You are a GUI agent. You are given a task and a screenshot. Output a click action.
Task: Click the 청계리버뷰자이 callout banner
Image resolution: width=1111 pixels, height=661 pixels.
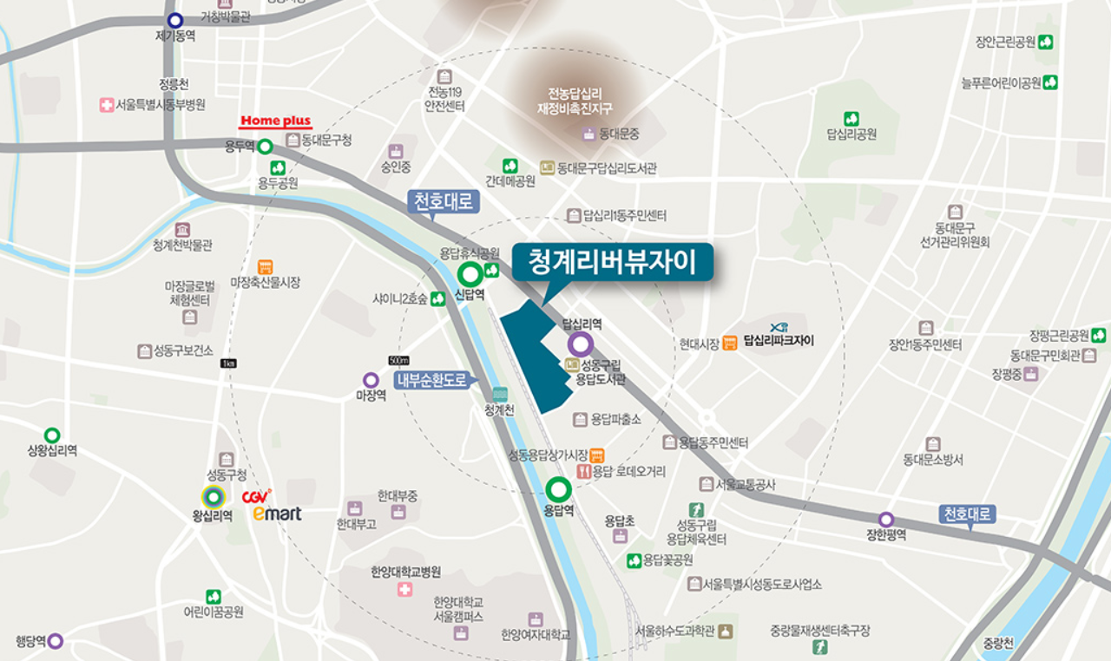pyautogui.click(x=612, y=263)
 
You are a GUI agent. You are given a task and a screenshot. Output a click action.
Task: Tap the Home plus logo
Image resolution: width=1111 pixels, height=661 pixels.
pyautogui.click(x=275, y=121)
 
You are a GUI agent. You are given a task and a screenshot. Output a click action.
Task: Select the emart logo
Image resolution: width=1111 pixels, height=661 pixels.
pyautogui.click(x=277, y=514)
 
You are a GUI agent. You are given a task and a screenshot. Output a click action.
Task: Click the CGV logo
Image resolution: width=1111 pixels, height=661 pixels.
pyautogui.click(x=256, y=497)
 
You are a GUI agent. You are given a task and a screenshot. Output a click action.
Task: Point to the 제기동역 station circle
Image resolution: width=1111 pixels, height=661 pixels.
pyautogui.click(x=175, y=20)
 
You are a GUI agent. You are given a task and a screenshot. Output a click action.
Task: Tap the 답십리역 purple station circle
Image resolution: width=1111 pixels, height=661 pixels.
pyautogui.click(x=582, y=344)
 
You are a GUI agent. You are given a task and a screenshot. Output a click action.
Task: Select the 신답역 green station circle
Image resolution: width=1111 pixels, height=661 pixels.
pyautogui.click(x=470, y=276)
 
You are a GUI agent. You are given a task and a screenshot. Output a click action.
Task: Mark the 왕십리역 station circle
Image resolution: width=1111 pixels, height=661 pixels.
pyautogui.click(x=213, y=497)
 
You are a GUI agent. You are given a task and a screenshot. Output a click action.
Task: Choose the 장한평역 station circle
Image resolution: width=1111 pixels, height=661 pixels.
pyautogui.click(x=885, y=519)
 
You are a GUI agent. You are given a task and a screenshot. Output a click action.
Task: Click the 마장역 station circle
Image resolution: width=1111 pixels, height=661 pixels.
pyautogui.click(x=371, y=380)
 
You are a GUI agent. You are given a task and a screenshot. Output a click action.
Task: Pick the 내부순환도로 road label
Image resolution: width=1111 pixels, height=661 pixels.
pyautogui.click(x=431, y=380)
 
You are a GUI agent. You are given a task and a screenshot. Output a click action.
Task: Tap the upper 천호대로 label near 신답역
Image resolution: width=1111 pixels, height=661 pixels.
pyautogui.click(x=443, y=202)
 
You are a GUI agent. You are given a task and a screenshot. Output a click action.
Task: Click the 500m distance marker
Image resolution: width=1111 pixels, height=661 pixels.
pyautogui.click(x=399, y=361)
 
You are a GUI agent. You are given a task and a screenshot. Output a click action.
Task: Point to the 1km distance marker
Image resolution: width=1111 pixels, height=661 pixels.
pyautogui.click(x=229, y=363)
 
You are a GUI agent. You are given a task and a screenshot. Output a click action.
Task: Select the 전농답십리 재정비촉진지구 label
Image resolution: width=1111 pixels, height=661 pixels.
pyautogui.click(x=580, y=100)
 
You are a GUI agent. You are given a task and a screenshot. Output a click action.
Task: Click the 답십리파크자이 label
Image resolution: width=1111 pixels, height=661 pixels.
pyautogui.click(x=779, y=341)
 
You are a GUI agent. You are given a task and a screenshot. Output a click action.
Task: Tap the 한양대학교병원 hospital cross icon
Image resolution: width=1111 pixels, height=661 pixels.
pyautogui.click(x=405, y=590)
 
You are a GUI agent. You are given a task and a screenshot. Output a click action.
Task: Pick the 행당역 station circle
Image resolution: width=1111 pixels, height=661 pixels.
pyautogui.click(x=56, y=641)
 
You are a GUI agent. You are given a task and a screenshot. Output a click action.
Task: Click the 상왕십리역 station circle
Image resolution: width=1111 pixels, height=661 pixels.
pyautogui.click(x=52, y=435)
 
